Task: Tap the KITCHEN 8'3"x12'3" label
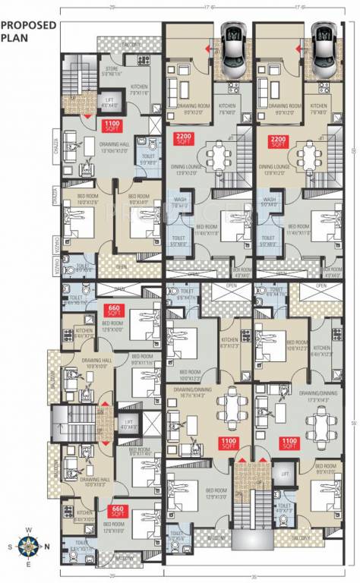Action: (231, 343)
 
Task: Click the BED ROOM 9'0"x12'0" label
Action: (328, 469)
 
